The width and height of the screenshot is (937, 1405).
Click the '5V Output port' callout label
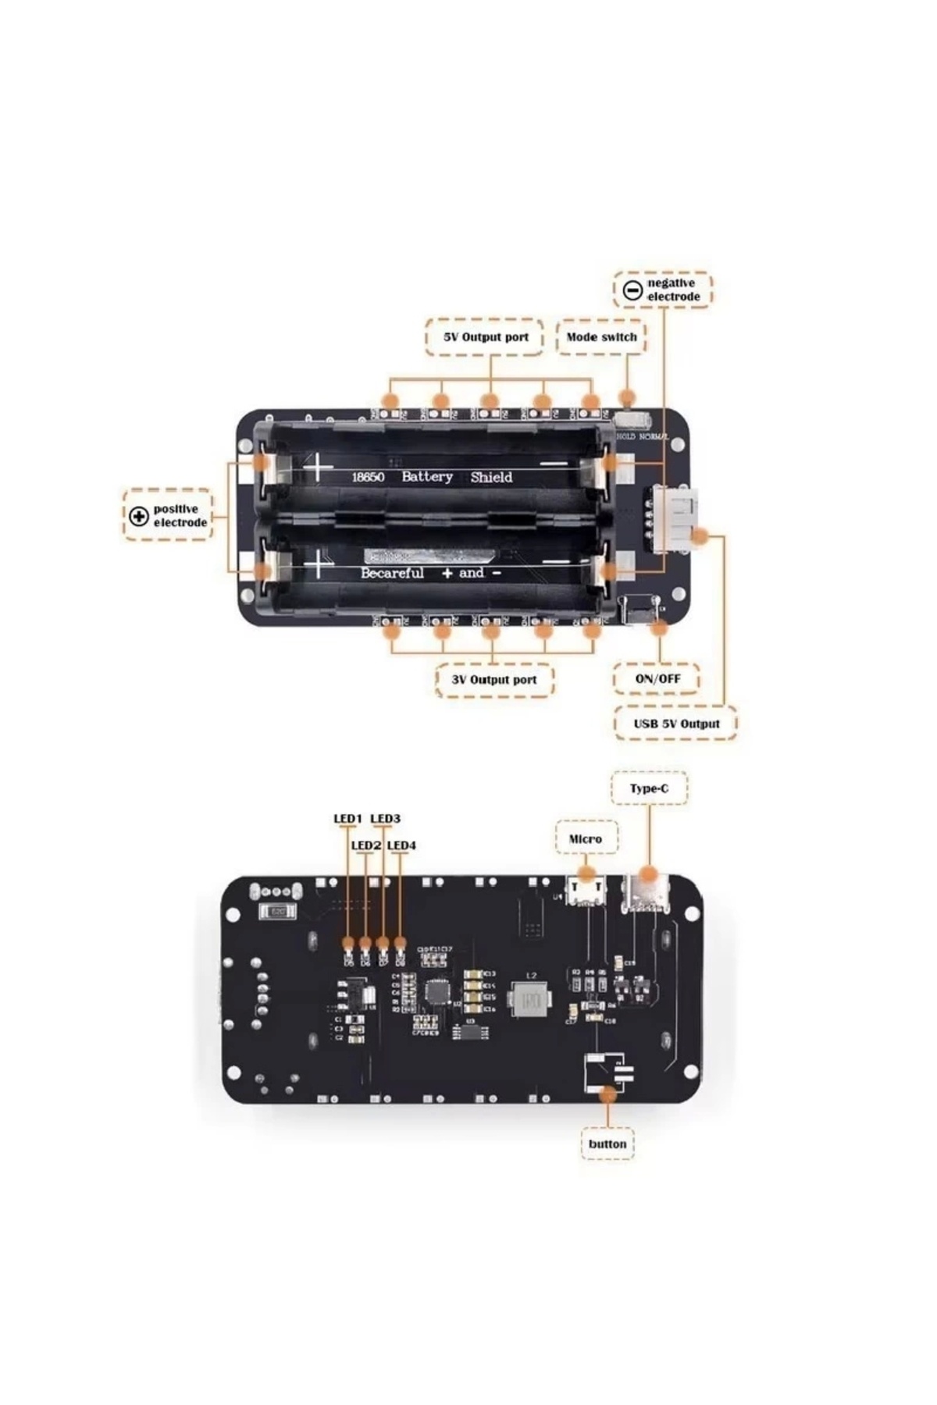coord(485,337)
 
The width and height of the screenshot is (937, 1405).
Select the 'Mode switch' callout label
coord(601,337)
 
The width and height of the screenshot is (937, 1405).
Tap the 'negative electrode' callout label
coord(672,290)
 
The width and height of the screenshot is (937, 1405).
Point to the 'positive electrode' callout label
coord(179,515)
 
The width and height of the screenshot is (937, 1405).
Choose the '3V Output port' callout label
coord(494,679)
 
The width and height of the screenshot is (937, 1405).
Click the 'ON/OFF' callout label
coord(657,678)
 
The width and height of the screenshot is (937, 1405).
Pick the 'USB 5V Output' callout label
coord(676,724)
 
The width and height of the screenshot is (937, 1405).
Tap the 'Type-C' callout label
coord(649,788)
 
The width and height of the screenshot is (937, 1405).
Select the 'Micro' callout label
coord(586,838)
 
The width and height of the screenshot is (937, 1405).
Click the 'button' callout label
coord(607,1144)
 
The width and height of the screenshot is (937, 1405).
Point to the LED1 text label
coord(348,818)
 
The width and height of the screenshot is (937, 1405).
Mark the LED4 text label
coord(401,845)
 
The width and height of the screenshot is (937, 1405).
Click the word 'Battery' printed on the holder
coord(427,476)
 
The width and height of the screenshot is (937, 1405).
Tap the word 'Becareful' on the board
coord(392,573)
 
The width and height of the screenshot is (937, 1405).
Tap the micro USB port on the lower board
coord(586,891)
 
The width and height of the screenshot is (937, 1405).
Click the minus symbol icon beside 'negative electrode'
coord(632,290)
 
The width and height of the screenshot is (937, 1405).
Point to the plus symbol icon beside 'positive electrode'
coord(139,515)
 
